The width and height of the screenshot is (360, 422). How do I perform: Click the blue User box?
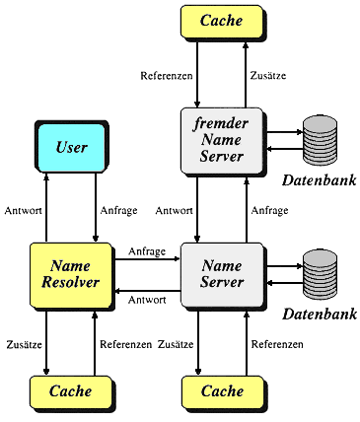click(x=72, y=147)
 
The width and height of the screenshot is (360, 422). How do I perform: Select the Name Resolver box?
click(x=71, y=275)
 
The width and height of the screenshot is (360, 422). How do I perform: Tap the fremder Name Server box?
click(x=222, y=140)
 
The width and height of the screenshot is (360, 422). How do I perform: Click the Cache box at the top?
click(x=222, y=21)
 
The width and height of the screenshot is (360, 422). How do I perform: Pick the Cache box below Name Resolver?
click(x=71, y=391)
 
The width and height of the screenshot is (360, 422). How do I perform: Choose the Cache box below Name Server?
click(x=223, y=391)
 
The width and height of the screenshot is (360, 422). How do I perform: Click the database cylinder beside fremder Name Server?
click(x=320, y=141)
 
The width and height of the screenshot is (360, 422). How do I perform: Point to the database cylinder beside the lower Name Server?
click(x=320, y=275)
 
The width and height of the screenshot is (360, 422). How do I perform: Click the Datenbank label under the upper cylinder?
click(x=320, y=180)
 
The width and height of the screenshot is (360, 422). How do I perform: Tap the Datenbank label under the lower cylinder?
click(x=320, y=315)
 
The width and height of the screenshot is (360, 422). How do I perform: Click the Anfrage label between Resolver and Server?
click(x=147, y=251)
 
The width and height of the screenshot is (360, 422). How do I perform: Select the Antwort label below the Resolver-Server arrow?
click(x=147, y=300)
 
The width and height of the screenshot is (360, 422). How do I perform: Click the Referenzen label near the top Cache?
click(x=167, y=76)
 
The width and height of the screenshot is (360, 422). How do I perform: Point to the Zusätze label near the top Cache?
click(x=268, y=76)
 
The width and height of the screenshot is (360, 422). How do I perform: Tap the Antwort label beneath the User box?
click(x=23, y=211)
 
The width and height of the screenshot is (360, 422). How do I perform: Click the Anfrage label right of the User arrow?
click(x=118, y=211)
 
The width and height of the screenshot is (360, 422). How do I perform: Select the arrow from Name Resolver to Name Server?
click(x=147, y=259)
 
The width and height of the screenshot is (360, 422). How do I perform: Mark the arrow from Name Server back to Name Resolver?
click(x=147, y=291)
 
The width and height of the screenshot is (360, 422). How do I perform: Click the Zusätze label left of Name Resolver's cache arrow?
click(x=25, y=344)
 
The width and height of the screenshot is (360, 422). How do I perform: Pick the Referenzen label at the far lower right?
click(x=277, y=344)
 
